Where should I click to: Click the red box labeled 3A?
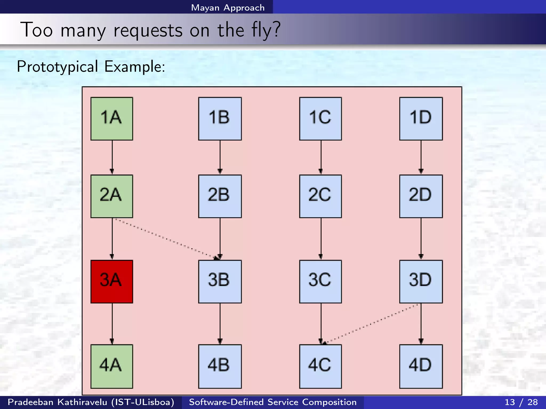point(112,281)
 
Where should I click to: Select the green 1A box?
point(112,119)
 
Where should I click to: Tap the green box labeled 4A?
point(112,366)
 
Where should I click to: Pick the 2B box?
point(220,196)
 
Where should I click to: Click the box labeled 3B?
point(220,281)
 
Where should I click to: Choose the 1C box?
point(320,119)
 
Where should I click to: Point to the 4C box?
point(320,366)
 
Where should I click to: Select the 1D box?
point(421,119)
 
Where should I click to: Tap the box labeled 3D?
point(421,281)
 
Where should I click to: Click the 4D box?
point(421,366)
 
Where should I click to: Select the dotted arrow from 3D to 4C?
point(371,324)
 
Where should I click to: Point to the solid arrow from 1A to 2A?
point(112,157)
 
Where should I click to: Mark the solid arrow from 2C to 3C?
point(321,239)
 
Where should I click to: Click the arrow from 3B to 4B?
point(220,324)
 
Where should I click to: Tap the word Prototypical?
point(57,67)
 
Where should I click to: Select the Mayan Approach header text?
point(228,8)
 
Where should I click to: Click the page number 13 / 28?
point(521,402)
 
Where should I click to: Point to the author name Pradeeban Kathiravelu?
point(57,402)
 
